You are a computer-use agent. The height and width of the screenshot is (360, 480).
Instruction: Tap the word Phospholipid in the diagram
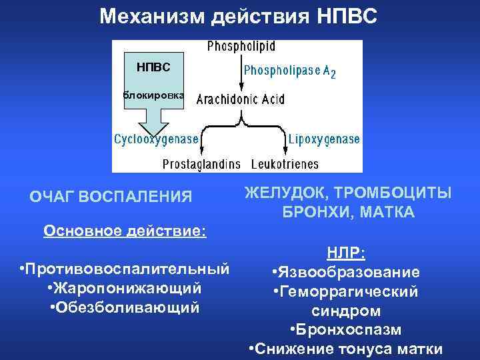pyautogui.click(x=241, y=47)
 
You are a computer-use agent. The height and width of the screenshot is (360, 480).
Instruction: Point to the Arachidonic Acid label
pyautogui.click(x=241, y=99)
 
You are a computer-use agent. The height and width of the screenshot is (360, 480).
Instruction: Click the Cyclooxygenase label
pyautogui.click(x=156, y=139)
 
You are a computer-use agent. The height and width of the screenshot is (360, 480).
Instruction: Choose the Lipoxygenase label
pyautogui.click(x=324, y=139)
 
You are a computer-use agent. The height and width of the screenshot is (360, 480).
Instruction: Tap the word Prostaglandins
pyautogui.click(x=203, y=163)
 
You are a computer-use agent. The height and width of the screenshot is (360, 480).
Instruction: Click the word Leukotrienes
pyautogui.click(x=285, y=163)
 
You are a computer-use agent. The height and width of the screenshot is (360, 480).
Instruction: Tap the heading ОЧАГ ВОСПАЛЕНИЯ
pyautogui.click(x=111, y=197)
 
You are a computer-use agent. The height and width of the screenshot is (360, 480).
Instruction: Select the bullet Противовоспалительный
pyautogui.click(x=125, y=269)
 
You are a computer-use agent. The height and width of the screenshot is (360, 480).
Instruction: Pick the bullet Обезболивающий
pyautogui.click(x=125, y=308)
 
